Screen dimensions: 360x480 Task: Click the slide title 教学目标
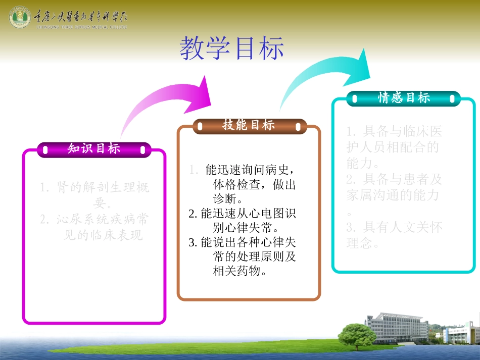[232, 49]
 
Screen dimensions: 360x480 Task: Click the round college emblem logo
[20, 18]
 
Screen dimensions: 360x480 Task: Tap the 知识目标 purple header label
[94, 148]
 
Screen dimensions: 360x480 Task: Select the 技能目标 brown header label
[249, 126]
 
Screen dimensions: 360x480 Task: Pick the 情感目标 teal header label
[404, 98]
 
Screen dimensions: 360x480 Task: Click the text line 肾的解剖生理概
[95, 188]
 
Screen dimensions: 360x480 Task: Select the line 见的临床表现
[105, 235]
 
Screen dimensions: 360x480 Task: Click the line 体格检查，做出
[254, 185]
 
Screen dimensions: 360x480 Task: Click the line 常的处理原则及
[254, 256]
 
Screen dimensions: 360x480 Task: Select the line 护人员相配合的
[393, 147]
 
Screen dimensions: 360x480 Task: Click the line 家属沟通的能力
[393, 194]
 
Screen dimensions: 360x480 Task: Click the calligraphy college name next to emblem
[81, 18]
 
